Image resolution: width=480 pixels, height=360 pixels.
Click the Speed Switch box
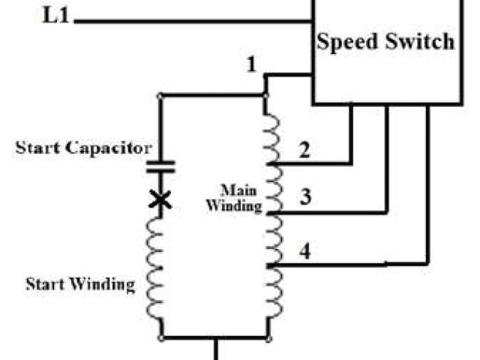point(385,52)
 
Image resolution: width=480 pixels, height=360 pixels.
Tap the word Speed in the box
point(346,41)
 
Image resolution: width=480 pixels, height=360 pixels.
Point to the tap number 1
point(253,66)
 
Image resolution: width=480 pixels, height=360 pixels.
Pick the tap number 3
point(304,197)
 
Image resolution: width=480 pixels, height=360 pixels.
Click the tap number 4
point(304,250)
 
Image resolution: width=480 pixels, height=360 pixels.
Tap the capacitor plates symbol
point(160,166)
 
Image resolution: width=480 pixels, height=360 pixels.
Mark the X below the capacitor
point(160,200)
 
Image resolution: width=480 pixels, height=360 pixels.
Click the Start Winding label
point(81,284)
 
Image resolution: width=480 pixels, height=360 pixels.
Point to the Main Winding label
point(240,196)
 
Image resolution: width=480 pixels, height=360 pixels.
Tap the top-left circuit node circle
point(160,96)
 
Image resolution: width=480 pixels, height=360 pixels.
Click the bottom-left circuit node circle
point(160,337)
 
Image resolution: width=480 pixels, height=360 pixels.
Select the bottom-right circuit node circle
point(266,337)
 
